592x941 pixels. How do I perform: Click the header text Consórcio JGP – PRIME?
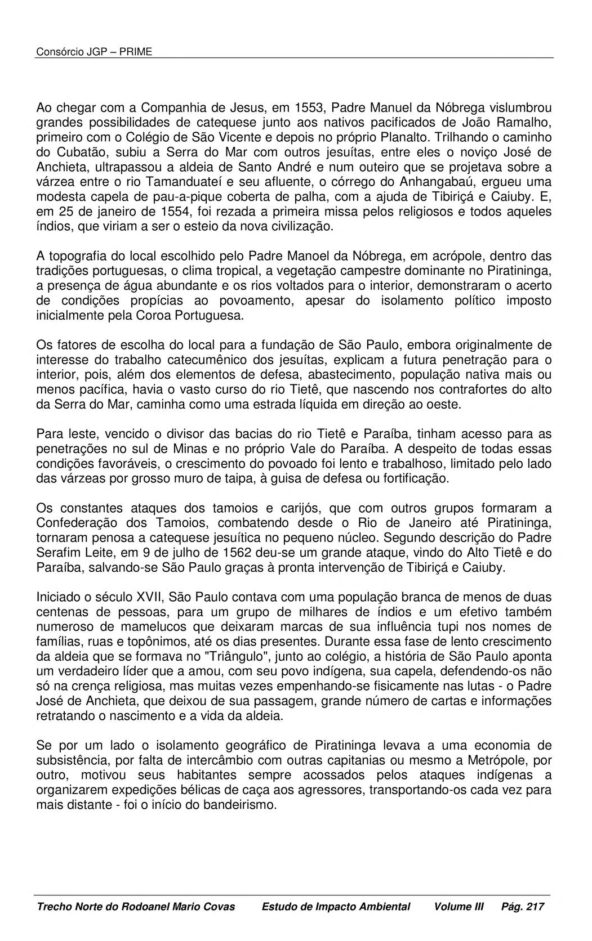(x=94, y=52)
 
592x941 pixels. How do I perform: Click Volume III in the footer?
(x=459, y=907)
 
